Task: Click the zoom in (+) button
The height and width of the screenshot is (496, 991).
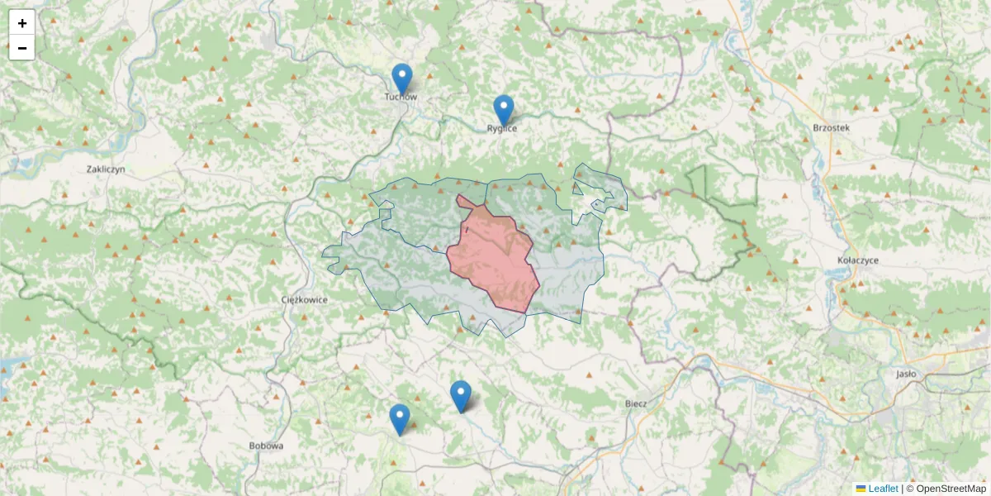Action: pyautogui.click(x=22, y=23)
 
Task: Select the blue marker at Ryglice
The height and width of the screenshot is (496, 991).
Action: pyautogui.click(x=503, y=111)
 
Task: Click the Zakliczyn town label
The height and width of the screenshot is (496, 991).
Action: pyautogui.click(x=105, y=169)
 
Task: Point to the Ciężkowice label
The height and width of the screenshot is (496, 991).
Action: pyautogui.click(x=305, y=299)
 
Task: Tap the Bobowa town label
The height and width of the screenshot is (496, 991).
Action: pyautogui.click(x=266, y=446)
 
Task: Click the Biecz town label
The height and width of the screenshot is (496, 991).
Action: pyautogui.click(x=636, y=403)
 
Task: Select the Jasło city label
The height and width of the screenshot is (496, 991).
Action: pyautogui.click(x=906, y=374)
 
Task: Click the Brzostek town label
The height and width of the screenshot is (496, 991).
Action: pyautogui.click(x=831, y=127)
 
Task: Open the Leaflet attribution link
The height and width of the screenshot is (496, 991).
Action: pyautogui.click(x=883, y=489)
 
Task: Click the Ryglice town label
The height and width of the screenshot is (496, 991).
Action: pyautogui.click(x=502, y=129)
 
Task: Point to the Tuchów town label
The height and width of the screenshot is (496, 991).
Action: pyautogui.click(x=401, y=98)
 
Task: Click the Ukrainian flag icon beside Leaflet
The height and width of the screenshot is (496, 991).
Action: pyautogui.click(x=861, y=489)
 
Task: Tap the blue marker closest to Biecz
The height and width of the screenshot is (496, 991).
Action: pyautogui.click(x=461, y=396)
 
